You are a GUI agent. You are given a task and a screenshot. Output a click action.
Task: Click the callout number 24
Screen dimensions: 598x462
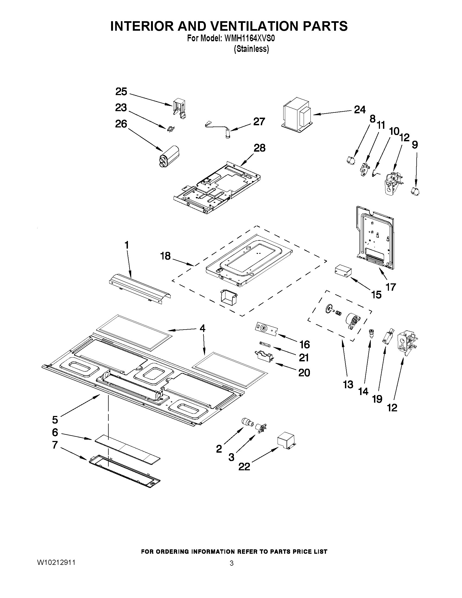point(360,110)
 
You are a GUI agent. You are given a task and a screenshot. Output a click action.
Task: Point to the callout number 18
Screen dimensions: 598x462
point(166,256)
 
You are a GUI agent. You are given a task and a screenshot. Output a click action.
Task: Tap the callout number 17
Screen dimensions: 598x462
point(391,287)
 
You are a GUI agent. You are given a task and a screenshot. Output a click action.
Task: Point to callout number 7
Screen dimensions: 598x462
point(55,445)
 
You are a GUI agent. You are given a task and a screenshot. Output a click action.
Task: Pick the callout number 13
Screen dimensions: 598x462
point(348,385)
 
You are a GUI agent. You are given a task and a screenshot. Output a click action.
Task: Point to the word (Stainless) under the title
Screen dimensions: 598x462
point(251,49)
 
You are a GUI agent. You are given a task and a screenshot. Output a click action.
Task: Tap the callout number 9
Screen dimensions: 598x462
point(415,145)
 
